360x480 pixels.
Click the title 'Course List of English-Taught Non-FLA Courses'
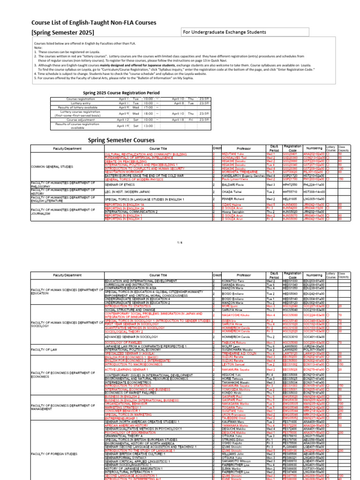tap(94, 22)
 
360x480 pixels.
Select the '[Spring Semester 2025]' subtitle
tap(62, 32)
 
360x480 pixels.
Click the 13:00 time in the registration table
tap(148, 126)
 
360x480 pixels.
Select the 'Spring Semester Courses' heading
tap(121, 140)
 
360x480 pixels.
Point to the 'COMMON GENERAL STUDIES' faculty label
tap(51, 166)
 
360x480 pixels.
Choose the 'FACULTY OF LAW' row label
tap(45, 349)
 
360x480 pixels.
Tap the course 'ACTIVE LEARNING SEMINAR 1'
tap(126, 369)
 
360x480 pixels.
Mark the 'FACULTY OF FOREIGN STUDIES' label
tap(54, 441)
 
